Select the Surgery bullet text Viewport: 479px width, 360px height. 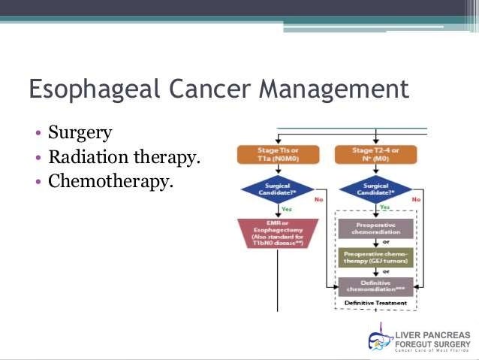(80, 133)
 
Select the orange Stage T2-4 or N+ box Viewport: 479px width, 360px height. (375, 155)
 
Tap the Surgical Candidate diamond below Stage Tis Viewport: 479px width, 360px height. (277, 189)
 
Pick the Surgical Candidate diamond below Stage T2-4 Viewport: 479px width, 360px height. (375, 189)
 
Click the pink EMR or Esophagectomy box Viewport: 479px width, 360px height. (277, 233)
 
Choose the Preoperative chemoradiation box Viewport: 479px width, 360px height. (375, 228)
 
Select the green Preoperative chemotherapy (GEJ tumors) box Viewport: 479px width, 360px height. (375, 258)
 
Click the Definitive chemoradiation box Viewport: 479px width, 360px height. (375, 286)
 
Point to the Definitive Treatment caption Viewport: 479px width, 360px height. (375, 304)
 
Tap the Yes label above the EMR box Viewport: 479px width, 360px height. (286, 210)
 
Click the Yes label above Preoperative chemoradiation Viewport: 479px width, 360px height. (384, 207)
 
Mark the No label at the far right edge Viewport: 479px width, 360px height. (417, 200)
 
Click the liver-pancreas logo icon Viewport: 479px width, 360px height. (381, 338)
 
